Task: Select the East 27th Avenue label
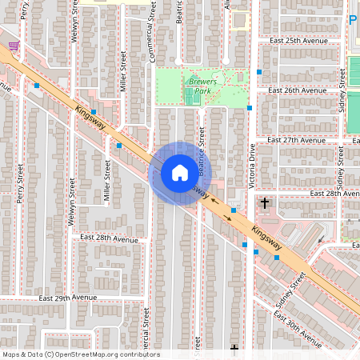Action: [x=298, y=140]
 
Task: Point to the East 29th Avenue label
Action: [x=67, y=297]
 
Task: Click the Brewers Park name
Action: [x=197, y=86]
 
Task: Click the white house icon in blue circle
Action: [x=180, y=172]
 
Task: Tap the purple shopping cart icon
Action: [x=14, y=46]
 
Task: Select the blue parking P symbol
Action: [x=353, y=20]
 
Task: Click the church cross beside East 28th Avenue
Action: [x=265, y=203]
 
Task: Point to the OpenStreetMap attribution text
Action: [x=81, y=354]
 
